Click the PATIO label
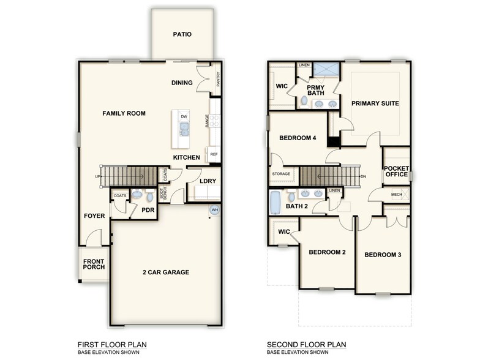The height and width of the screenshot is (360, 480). [x=182, y=34]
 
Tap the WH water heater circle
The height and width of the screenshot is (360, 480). [x=214, y=210]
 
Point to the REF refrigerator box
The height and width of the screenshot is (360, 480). [x=214, y=154]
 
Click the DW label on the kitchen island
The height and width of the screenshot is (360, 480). [x=184, y=116]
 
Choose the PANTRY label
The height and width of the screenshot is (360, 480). [x=218, y=79]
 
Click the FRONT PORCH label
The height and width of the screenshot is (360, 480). [x=94, y=263]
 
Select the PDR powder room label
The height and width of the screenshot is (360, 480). [x=148, y=209]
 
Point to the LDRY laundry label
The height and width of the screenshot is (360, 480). [x=206, y=181]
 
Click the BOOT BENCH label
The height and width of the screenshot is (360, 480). [x=163, y=193]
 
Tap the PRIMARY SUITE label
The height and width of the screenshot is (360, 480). [x=375, y=103]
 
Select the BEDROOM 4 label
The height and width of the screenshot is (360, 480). [x=298, y=138]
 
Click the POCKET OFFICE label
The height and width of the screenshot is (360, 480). [x=396, y=171]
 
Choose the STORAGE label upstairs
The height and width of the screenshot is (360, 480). [x=282, y=174]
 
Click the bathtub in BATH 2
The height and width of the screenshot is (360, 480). [x=275, y=201]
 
